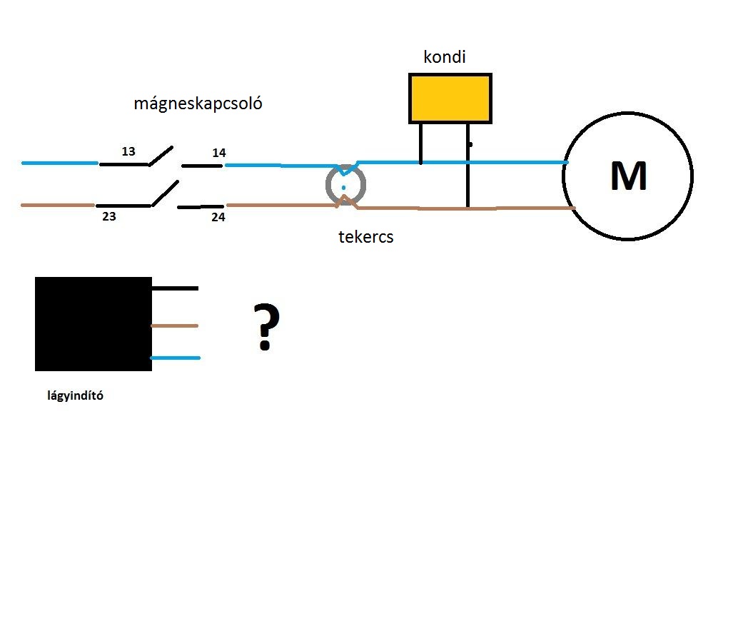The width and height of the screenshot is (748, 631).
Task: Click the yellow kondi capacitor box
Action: click(450, 99)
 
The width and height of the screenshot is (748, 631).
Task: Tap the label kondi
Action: click(445, 57)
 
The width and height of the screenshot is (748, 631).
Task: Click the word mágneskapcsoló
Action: click(198, 104)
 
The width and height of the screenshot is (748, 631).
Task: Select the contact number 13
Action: click(128, 151)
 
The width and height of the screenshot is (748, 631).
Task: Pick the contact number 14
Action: click(219, 153)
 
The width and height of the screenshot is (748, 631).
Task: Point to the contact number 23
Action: click(109, 216)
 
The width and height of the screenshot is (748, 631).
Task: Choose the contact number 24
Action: click(218, 218)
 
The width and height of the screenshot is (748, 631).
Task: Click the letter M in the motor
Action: click(629, 176)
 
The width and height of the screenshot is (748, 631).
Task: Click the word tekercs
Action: click(366, 237)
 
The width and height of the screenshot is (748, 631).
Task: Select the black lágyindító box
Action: click(93, 324)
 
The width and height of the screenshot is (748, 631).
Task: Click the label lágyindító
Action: click(76, 395)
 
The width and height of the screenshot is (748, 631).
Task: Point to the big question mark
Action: click(266, 327)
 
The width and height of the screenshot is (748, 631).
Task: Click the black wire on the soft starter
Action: click(175, 288)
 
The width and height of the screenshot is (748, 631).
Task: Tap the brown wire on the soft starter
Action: click(175, 325)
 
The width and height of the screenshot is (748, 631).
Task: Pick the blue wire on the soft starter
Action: click(175, 358)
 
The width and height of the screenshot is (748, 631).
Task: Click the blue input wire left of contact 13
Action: click(60, 163)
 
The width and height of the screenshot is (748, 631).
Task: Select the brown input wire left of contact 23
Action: click(58, 205)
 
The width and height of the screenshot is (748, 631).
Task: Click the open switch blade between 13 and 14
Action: click(161, 156)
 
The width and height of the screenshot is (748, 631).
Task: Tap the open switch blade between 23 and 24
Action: click(165, 193)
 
